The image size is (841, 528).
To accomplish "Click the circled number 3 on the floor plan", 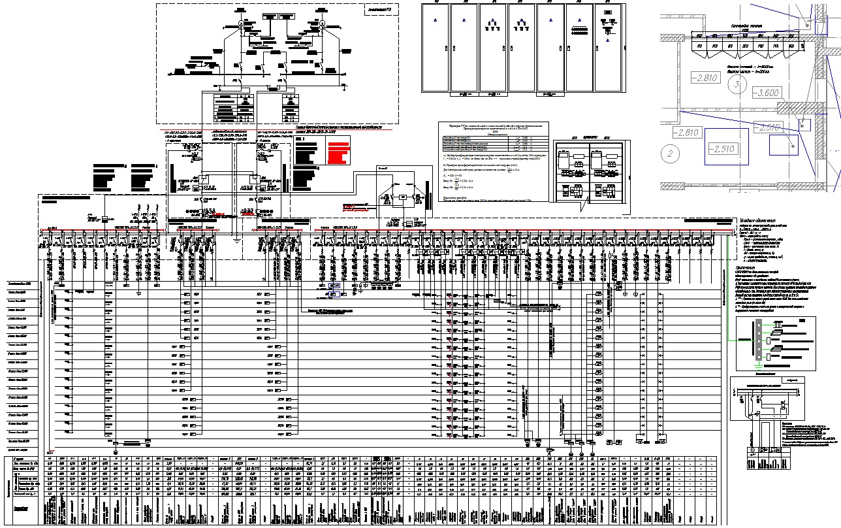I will click(737, 85).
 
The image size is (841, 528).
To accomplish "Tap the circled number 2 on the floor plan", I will click(668, 155).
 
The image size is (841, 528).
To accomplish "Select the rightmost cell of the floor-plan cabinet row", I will click(791, 47).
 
